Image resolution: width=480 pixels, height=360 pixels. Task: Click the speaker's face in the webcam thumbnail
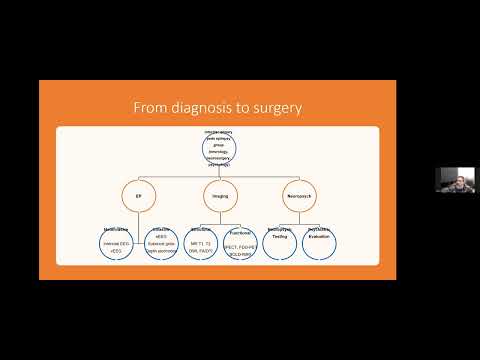pos(449,181)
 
